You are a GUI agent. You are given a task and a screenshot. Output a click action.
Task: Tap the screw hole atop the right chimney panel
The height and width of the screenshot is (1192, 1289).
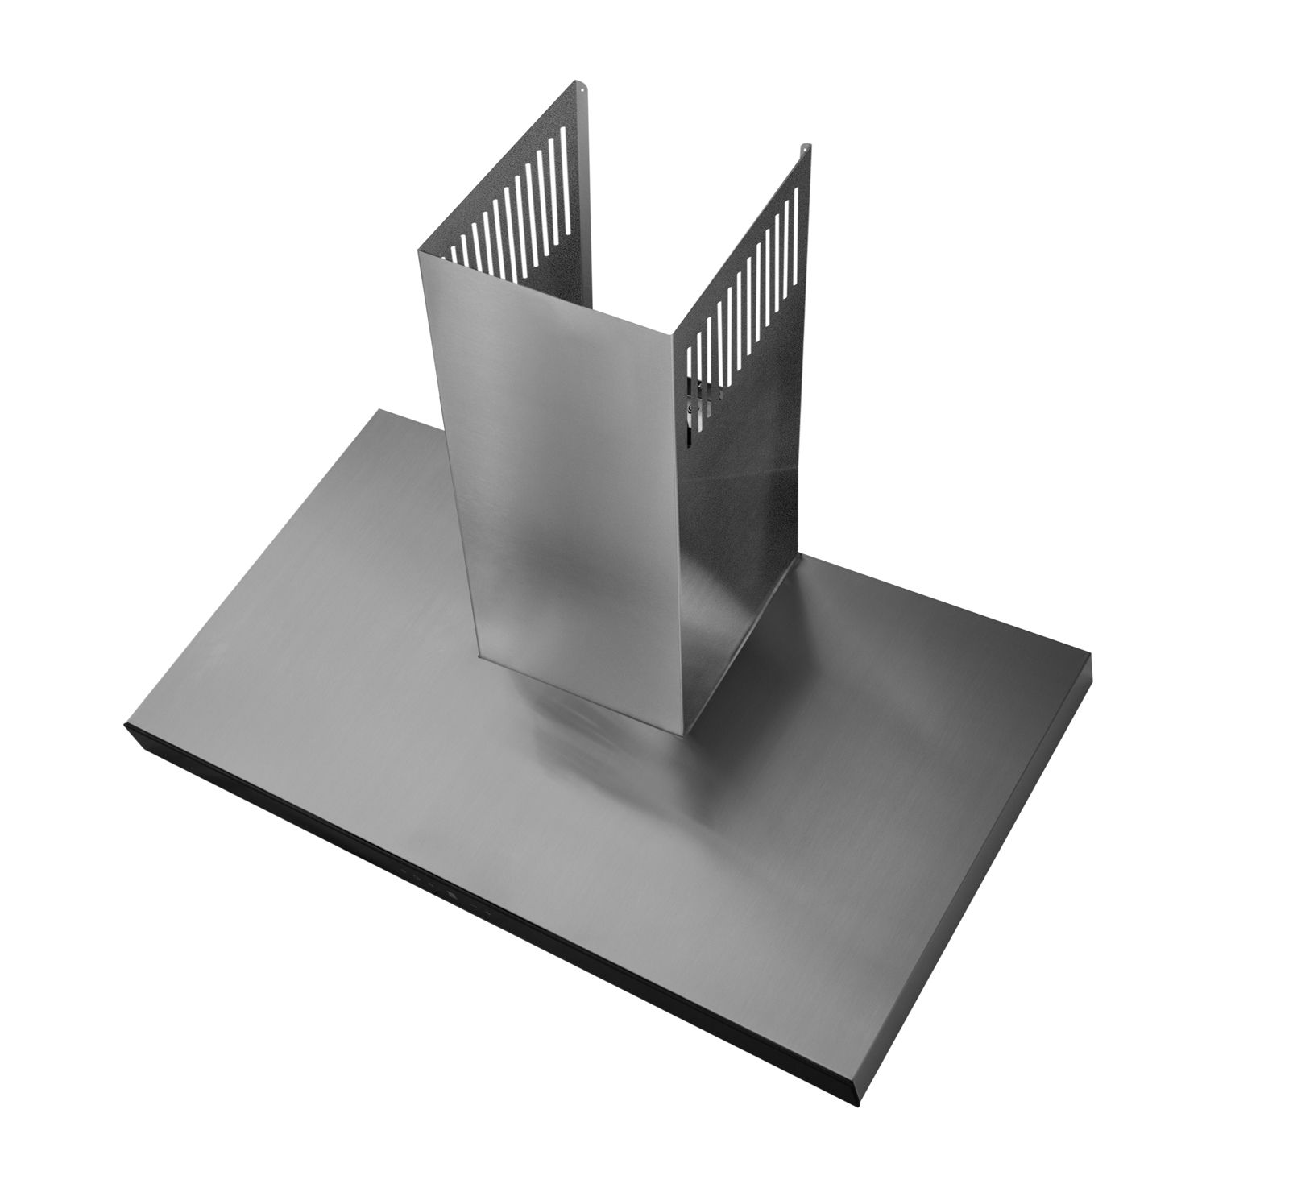click(802, 147)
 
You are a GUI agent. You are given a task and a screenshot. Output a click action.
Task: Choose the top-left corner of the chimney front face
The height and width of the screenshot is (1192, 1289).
click(418, 252)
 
